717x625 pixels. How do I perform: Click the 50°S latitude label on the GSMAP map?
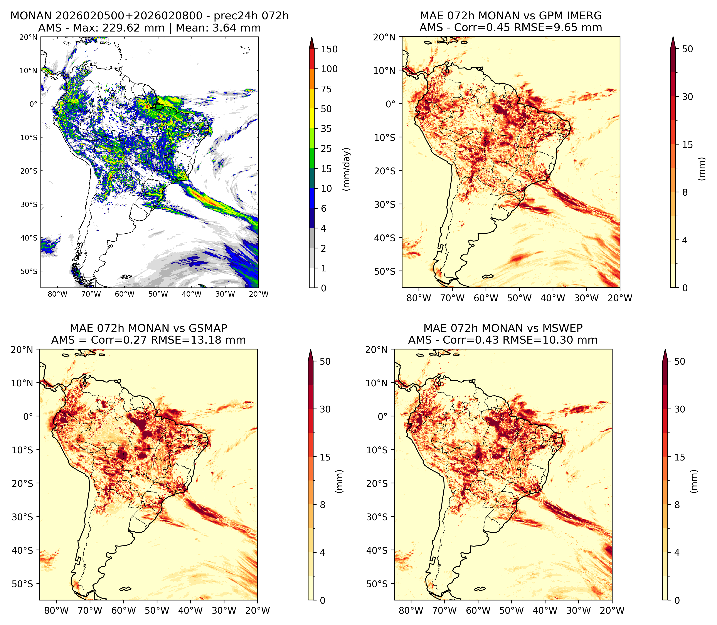pos(22,584)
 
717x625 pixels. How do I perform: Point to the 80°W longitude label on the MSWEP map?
pos(411,610)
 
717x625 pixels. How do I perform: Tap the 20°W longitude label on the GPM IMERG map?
pos(620,298)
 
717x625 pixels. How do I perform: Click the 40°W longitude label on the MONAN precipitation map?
pos(191,294)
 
